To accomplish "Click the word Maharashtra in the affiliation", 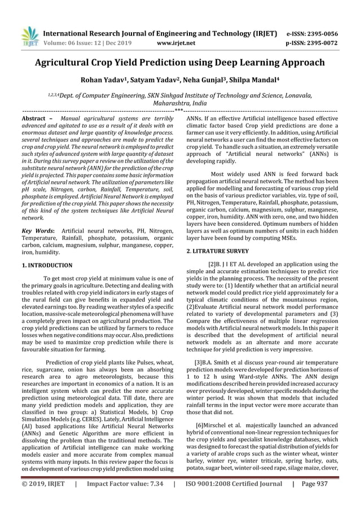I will (167, 104).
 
